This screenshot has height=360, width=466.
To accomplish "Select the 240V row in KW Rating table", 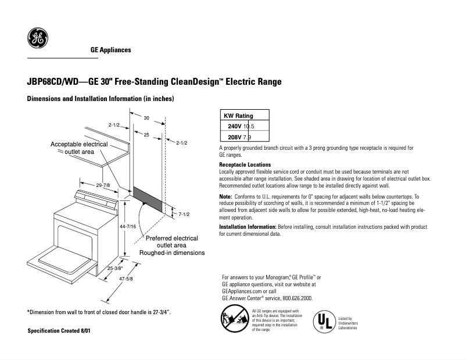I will coord(244,126).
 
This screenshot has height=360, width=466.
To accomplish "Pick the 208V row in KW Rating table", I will coord(244,137).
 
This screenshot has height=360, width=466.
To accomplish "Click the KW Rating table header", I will coord(244,116).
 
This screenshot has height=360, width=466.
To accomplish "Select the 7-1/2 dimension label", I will coord(184,214).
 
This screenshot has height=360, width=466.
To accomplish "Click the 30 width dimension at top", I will coord(146,118).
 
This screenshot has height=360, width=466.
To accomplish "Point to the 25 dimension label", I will coord(147,135).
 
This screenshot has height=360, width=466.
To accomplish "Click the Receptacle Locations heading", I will coord(245,165).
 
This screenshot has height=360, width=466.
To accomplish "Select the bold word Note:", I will coord(225,197).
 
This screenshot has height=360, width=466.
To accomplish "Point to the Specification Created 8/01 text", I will coord(59,330).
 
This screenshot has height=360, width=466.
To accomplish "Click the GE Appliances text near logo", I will coord(110,50).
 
